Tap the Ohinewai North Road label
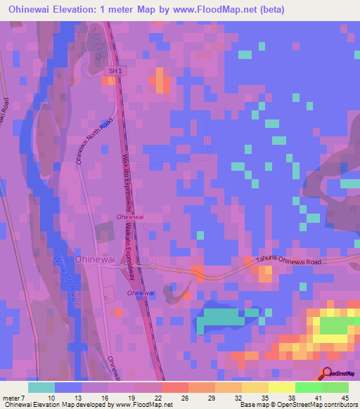(85, 141)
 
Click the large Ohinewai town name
(95, 259)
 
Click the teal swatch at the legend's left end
(41, 387)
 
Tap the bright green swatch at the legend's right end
(335, 387)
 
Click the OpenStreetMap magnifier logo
(328, 375)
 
